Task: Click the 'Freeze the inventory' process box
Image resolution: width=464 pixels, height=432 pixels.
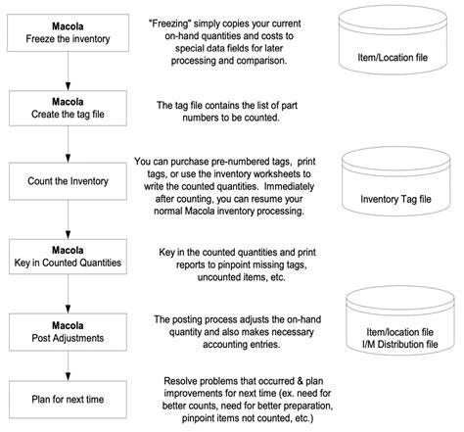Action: point(68,32)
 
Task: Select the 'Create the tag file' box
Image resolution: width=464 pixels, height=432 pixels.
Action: point(68,108)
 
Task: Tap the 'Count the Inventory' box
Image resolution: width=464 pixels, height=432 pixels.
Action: point(68,181)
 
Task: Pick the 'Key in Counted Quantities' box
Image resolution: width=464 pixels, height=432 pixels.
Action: point(68,257)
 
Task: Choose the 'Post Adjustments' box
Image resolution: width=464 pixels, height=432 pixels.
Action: point(68,332)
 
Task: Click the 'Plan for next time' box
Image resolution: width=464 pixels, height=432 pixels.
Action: point(68,400)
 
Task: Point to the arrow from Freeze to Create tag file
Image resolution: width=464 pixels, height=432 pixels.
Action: point(68,71)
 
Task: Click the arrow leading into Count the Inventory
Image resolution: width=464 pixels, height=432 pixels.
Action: point(68,144)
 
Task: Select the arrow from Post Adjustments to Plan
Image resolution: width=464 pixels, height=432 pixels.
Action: point(68,365)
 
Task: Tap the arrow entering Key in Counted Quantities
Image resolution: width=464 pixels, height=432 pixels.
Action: point(68,219)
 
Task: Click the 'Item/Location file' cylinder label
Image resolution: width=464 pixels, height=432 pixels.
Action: point(393,58)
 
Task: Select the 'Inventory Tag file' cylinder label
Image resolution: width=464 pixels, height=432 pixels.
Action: point(395,199)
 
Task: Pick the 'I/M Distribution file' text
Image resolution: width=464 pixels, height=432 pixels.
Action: point(400,344)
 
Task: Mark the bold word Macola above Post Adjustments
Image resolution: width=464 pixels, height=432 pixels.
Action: point(68,325)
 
